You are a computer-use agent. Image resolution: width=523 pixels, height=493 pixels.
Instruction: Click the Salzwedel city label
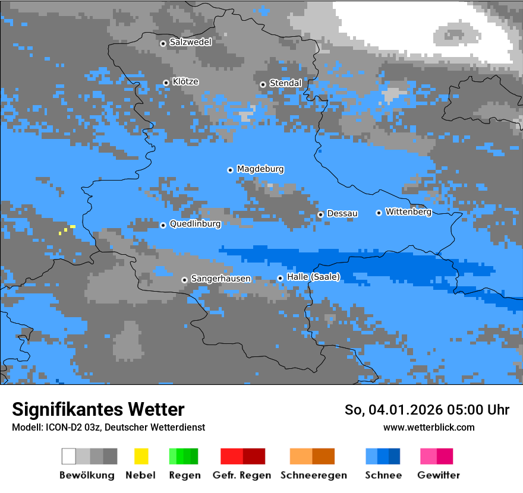coord(190,42)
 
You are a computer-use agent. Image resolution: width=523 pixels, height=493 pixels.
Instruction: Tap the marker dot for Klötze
coord(166,83)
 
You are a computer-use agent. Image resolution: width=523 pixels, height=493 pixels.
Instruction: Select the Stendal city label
coord(285,83)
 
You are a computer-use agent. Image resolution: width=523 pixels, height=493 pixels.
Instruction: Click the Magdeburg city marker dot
coord(230,170)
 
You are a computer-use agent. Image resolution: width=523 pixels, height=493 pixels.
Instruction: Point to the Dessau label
coord(342,213)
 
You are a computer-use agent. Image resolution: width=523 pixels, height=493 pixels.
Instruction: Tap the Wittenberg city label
coord(408,211)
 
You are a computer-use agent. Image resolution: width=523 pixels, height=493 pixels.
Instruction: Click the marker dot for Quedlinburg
coord(163,225)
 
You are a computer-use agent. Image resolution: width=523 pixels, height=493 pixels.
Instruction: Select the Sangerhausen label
coord(220,279)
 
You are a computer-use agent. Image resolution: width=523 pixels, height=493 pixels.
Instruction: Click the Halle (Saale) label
coord(313,277)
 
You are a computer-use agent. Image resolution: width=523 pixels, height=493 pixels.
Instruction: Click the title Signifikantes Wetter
coord(98,409)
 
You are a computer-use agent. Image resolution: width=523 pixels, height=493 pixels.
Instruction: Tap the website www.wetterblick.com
coord(429,427)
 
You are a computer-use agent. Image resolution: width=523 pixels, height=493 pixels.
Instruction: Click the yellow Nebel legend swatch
coord(141,456)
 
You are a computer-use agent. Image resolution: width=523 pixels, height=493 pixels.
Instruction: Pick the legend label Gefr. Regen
coord(241,475)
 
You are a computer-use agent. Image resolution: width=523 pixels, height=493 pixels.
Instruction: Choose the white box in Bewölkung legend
coord(69,456)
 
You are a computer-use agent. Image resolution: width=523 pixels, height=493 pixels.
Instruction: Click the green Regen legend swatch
coord(183,456)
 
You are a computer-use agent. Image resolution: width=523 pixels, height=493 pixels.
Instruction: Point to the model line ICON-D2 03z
coord(108,427)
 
